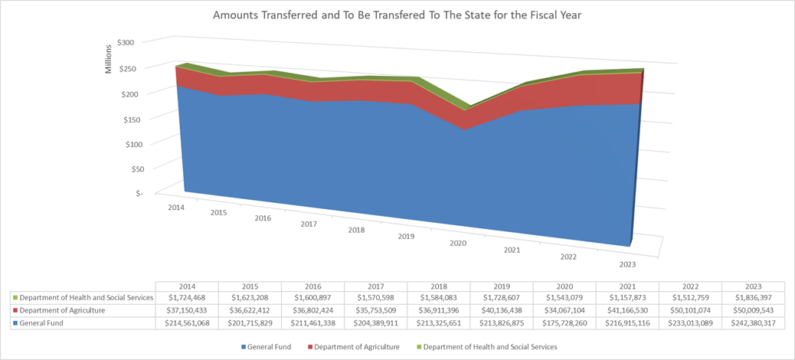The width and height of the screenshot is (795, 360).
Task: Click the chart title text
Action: [x=397, y=15]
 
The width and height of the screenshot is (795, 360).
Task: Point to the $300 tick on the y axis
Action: [x=124, y=43]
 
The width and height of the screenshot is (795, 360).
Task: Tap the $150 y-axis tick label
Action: [x=124, y=119]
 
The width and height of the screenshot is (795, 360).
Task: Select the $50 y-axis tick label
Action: [x=126, y=168]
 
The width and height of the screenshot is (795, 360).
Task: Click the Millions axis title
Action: [x=108, y=59]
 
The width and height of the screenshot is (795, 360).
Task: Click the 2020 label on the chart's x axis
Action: [x=457, y=243]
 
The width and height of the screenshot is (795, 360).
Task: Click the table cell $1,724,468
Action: [x=187, y=297]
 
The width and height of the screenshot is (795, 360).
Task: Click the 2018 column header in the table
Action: [x=438, y=285]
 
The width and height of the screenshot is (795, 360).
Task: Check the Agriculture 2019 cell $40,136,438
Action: [x=501, y=310]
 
